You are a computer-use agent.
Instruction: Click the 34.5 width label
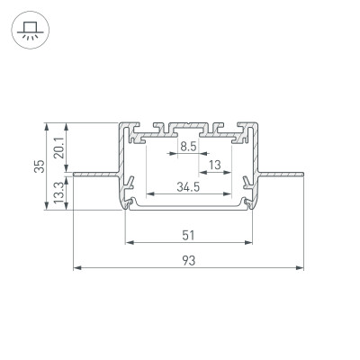click(187, 186)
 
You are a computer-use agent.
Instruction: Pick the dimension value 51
click(187, 236)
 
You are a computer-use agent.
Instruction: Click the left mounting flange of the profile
click(94, 170)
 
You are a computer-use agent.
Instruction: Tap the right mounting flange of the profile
click(279, 170)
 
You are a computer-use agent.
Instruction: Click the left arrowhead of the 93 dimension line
click(75, 268)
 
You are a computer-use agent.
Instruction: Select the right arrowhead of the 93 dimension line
click(301, 268)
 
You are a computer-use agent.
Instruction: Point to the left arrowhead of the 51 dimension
click(128, 242)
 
